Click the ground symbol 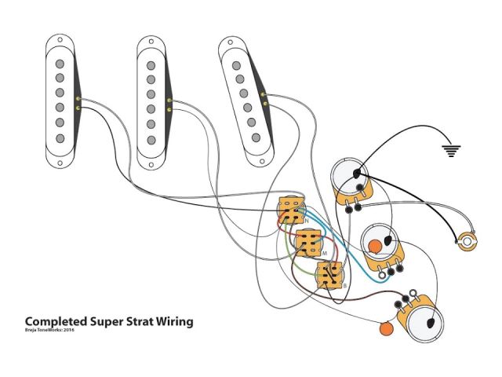pyautogui.click(x=449, y=150)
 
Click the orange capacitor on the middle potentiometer pyautogui.click(x=376, y=245)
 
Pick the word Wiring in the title pyautogui.click(x=175, y=322)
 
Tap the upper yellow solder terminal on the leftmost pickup pyautogui.click(x=78, y=98)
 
